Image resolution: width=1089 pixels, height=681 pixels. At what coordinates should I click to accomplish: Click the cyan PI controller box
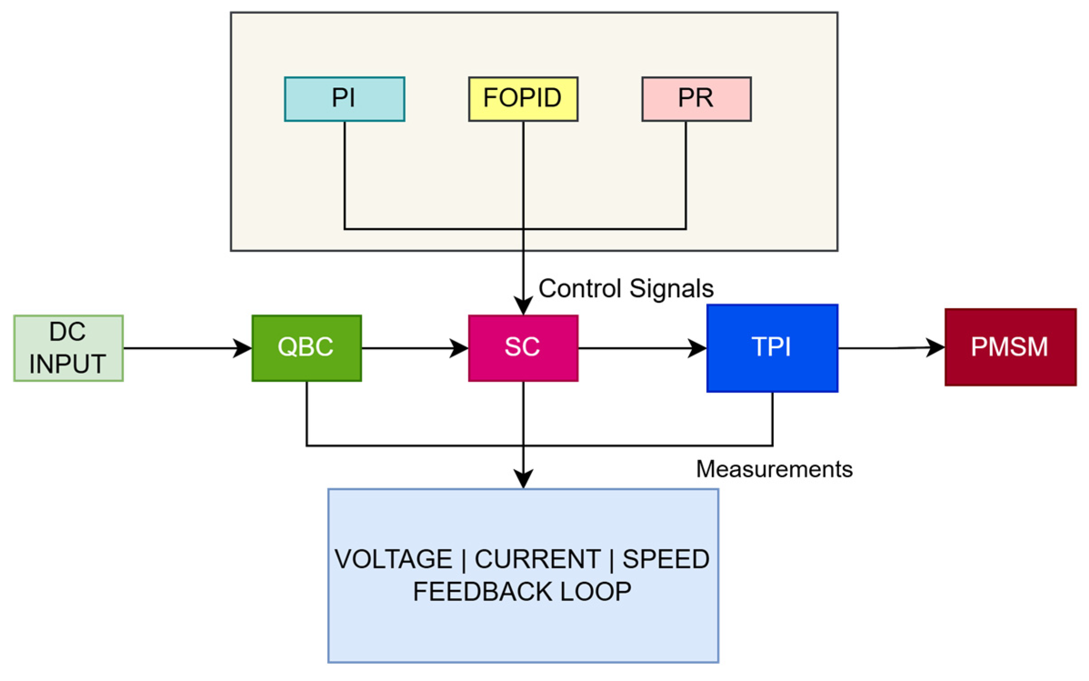344,99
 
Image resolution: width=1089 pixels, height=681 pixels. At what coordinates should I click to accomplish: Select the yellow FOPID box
523,99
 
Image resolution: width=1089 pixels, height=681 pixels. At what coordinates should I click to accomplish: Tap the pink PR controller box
696,99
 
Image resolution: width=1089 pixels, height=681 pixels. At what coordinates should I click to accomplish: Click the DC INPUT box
68,348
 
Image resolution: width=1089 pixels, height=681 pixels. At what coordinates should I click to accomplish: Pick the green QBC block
307,348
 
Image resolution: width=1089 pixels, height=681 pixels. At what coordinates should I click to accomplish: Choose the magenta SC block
523,348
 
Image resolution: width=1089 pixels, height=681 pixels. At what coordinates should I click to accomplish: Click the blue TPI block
772,348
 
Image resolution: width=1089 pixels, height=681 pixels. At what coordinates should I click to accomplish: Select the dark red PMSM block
1010,347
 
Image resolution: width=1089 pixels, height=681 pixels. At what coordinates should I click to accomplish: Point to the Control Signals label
626,288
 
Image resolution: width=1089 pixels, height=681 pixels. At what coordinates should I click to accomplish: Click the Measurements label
774,469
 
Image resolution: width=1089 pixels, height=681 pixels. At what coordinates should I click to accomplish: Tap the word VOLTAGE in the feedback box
393,559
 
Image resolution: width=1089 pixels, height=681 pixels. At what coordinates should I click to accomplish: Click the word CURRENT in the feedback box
537,559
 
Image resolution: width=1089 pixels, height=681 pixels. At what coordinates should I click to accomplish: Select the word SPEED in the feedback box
666,559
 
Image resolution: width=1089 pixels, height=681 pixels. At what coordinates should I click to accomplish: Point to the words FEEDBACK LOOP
522,592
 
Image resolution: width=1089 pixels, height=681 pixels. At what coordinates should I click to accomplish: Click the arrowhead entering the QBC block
243,348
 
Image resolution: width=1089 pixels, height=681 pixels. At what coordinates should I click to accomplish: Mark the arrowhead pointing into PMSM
935,348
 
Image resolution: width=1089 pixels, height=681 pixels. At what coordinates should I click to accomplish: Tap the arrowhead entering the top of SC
523,305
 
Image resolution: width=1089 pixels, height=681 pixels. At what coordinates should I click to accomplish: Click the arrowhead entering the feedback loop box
523,479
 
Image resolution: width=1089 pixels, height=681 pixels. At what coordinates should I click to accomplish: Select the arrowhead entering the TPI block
697,348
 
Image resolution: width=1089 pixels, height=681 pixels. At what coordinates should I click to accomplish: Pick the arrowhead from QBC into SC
459,348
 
